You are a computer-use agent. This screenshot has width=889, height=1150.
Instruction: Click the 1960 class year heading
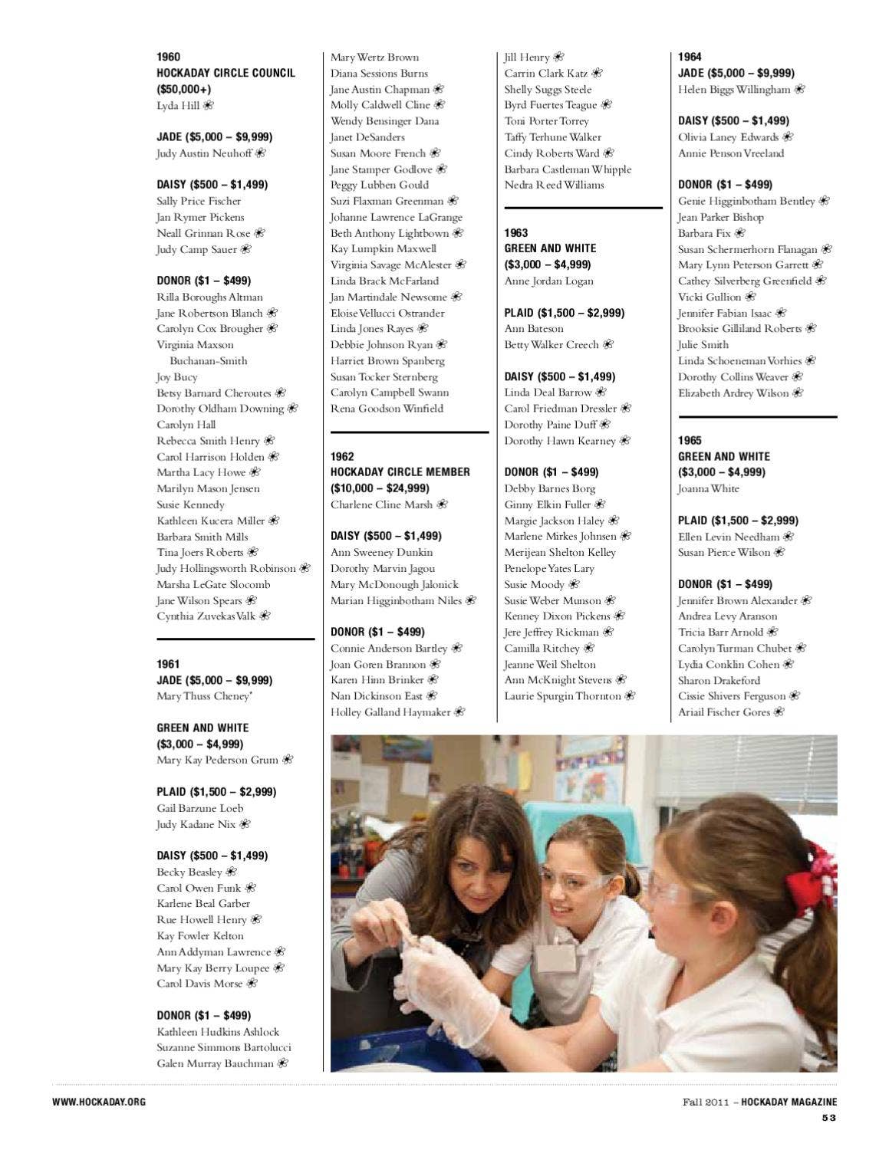168,57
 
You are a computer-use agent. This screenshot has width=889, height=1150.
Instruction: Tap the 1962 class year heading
342,456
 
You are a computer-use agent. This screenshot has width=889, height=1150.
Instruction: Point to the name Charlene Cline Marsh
381,504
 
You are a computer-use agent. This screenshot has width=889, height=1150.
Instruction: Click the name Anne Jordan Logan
548,281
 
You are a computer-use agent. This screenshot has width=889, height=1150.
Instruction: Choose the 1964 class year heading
690,57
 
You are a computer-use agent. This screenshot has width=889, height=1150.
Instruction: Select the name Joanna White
708,488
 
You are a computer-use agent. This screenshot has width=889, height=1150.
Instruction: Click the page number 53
828,1117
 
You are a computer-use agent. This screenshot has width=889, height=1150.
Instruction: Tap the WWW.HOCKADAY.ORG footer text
99,1102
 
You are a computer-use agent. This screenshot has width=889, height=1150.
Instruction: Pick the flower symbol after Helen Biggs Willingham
800,89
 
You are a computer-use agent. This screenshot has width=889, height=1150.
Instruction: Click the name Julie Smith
703,344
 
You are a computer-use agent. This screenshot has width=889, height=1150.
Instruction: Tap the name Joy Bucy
176,376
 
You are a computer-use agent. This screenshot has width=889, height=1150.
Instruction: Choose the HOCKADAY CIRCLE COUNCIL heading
226,73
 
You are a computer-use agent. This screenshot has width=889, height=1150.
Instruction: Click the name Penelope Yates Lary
548,568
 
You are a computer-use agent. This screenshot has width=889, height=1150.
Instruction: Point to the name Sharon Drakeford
719,680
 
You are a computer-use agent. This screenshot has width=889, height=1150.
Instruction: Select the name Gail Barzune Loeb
199,808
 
